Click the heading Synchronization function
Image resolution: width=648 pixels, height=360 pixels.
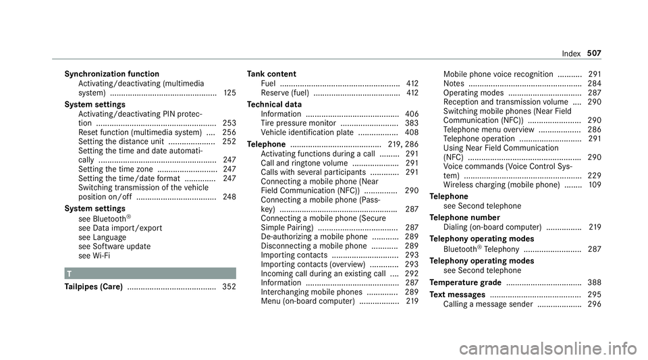(111, 74)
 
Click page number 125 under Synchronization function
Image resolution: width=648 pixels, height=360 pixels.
(228, 93)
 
